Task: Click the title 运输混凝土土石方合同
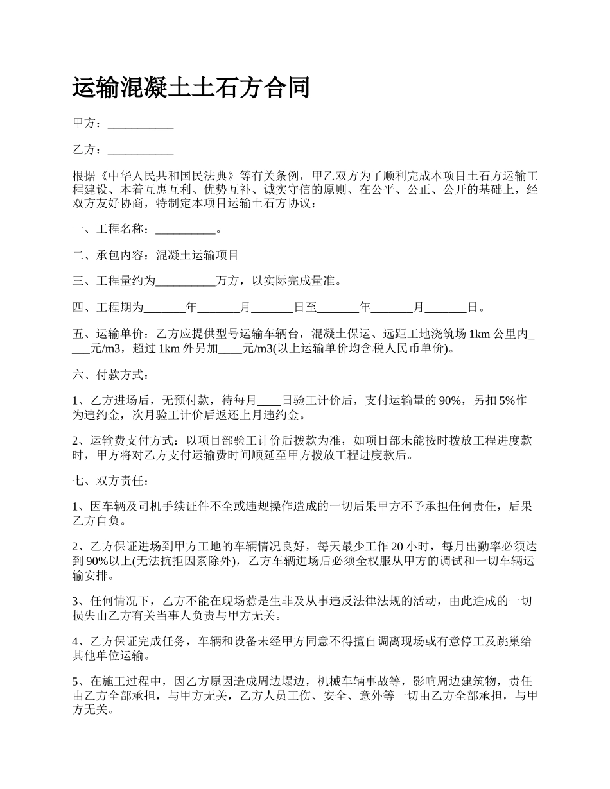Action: click(191, 88)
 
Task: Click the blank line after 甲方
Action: click(141, 124)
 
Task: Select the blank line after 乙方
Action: click(141, 150)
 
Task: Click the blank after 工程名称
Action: click(186, 229)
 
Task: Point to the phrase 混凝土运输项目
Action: click(197, 255)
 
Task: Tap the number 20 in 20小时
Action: click(397, 547)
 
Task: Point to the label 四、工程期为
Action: click(107, 307)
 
